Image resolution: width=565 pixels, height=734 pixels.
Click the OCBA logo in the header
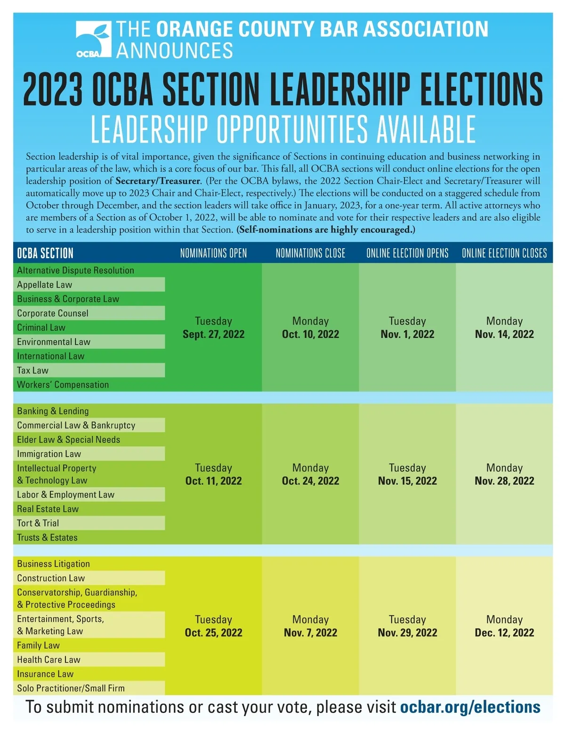pos(93,40)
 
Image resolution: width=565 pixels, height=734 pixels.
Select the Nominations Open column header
pos(213,253)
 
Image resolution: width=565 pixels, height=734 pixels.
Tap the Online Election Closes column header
pos(504,253)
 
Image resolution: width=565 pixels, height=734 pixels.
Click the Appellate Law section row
pos(45,285)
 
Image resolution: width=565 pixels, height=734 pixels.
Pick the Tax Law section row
pos(33,370)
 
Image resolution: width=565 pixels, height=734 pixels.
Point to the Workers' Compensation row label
pos(63,384)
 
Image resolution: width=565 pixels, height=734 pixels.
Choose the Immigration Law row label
pos(49,454)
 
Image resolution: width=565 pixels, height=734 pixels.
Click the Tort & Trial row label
pos(38,523)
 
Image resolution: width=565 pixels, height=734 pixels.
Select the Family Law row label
pos(39,645)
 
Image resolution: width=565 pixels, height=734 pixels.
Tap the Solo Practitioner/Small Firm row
pos(71,688)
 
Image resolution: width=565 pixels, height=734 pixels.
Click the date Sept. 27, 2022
pos(214,334)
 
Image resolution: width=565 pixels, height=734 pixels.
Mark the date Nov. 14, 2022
pos(504,334)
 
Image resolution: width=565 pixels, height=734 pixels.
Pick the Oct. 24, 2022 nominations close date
pos(310,481)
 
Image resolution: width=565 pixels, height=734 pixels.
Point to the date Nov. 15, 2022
pos(407,481)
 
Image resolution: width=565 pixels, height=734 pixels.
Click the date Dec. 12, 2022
pos(504,633)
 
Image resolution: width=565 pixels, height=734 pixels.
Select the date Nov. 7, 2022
pos(310,633)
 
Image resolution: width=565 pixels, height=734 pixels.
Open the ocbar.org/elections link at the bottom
pos(470,707)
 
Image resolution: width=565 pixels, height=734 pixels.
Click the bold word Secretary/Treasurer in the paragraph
pos(158,181)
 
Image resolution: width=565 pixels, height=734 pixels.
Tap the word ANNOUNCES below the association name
pos(175,50)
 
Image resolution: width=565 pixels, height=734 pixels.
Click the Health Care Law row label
pos(49,660)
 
